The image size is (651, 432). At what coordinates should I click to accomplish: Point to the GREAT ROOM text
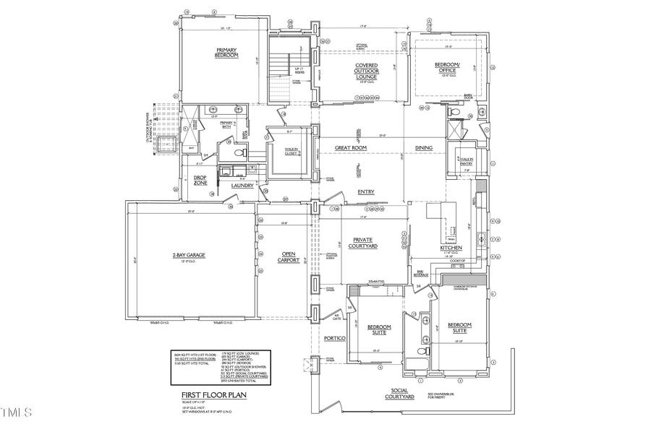point(351,148)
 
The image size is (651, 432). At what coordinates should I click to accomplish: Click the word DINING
point(424,148)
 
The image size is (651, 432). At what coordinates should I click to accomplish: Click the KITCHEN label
point(451,248)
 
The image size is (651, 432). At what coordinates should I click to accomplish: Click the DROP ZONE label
point(200,181)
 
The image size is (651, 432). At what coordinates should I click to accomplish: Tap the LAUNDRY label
point(242,186)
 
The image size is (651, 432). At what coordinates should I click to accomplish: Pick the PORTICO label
point(333,338)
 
